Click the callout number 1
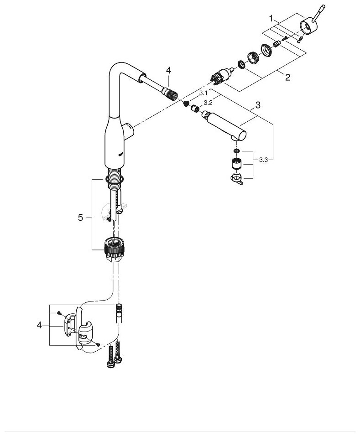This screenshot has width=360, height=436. tap(271, 19)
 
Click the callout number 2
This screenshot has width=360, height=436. tap(287, 77)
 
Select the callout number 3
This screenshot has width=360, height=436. tap(258, 105)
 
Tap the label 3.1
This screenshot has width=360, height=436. tap(203, 93)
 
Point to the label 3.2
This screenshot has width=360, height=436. tap(208, 103)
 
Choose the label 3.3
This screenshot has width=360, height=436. tap(263, 160)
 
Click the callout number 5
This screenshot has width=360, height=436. tap(80, 218)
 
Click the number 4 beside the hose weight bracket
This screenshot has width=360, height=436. tap(39, 325)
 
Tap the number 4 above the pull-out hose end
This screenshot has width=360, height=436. tap(168, 71)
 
